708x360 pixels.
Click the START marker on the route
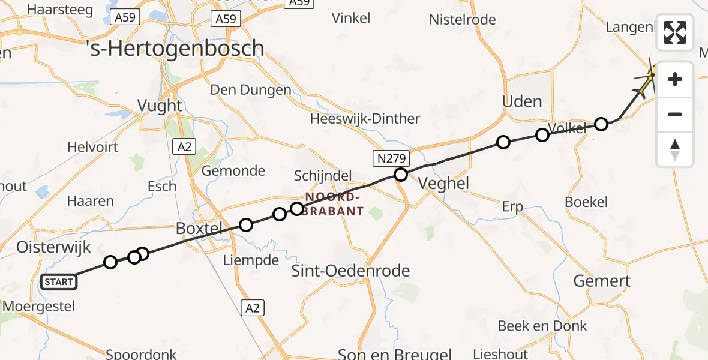pos(59,282)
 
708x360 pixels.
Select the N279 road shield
pos(391,158)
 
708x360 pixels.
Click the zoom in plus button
pos(675,79)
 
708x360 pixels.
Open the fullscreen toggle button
pos(675,32)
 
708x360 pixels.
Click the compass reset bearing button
pos(675,149)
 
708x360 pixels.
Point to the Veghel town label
pos(444,183)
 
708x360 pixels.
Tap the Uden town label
pos(522,101)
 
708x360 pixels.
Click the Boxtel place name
pos(199,229)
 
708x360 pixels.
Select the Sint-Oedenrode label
pos(350,271)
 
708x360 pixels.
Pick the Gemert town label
pos(602,281)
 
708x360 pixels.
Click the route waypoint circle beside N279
pos(400,175)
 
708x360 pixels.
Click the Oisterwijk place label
pos(53,247)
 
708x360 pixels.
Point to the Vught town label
pos(160,106)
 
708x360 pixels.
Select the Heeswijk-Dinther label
pos(365,119)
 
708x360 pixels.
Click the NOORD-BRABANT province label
pos(334,204)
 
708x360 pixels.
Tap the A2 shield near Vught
pos(184,146)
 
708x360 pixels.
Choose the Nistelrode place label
pos(462,20)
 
